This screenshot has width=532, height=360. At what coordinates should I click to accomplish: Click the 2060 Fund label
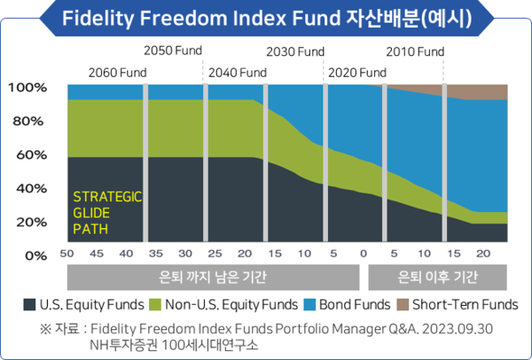point(117,72)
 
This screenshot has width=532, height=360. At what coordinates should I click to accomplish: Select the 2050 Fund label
point(173,51)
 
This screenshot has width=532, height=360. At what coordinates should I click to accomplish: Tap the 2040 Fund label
point(237,72)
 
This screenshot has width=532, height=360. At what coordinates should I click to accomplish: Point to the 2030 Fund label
point(295,51)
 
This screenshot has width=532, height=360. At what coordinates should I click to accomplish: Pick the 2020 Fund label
point(357,72)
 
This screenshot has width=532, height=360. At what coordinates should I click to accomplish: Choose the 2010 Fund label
point(414,51)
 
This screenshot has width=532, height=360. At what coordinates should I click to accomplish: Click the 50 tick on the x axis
point(66,254)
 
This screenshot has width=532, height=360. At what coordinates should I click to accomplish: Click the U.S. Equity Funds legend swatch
point(29,304)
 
